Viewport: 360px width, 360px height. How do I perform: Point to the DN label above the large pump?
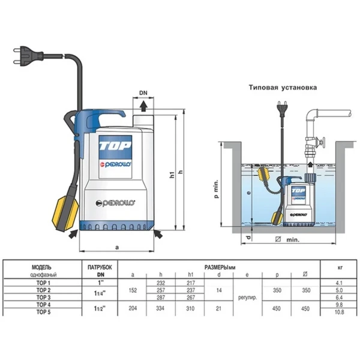click(143, 94)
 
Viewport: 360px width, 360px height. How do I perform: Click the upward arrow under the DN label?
click(143, 106)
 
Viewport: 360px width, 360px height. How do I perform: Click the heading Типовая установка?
click(283, 87)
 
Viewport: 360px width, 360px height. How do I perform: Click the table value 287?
click(160, 296)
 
